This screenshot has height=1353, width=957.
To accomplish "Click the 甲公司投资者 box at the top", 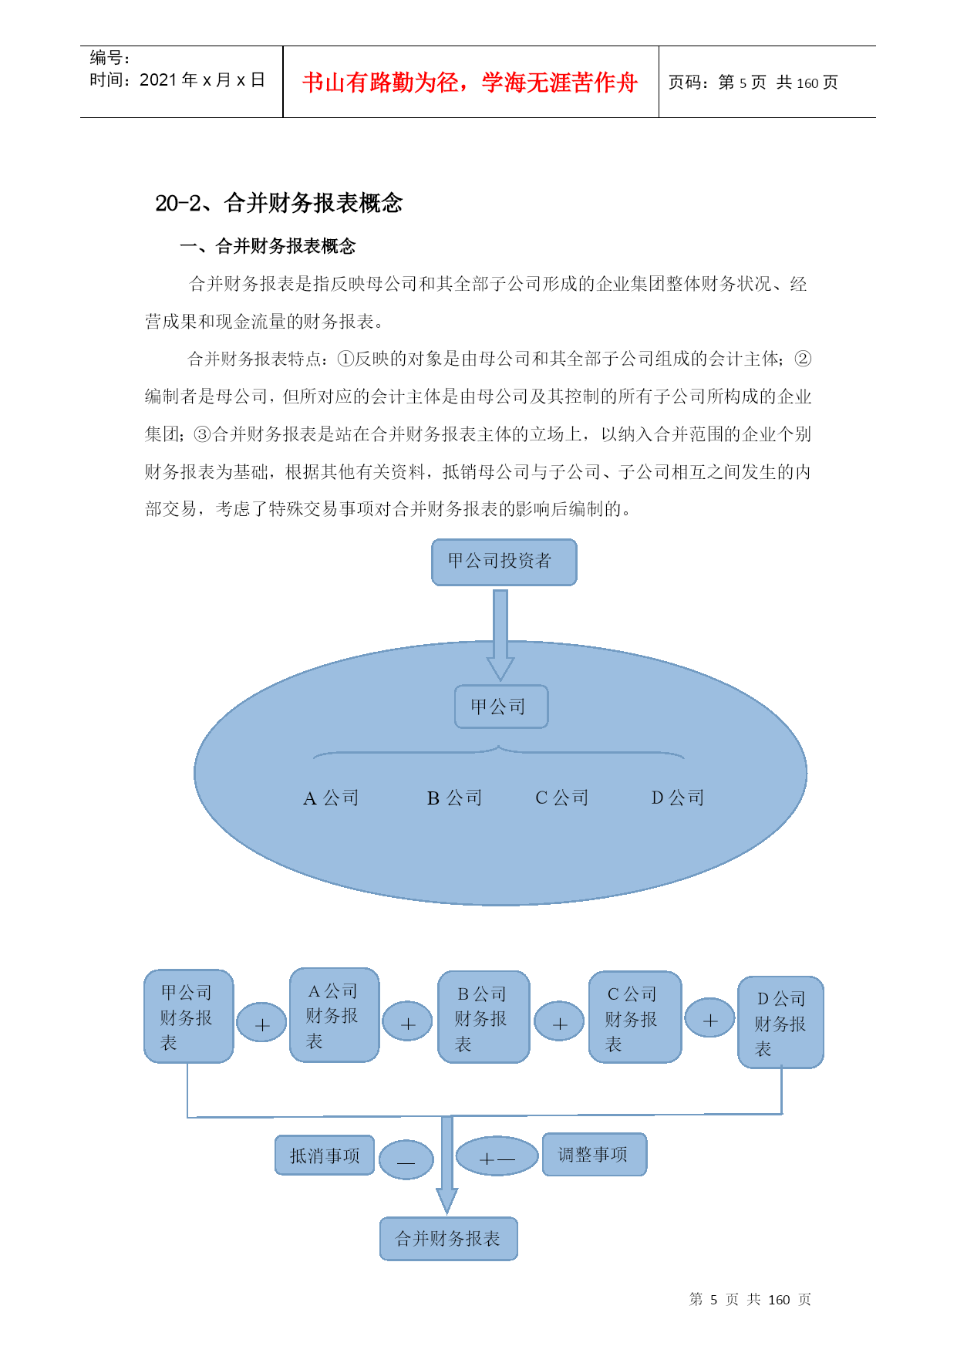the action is coord(504,562).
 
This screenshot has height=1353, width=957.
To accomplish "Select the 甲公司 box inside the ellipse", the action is coord(501,707).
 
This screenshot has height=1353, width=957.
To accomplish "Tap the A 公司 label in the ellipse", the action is coord(332,798).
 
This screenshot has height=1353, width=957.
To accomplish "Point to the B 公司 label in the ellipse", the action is coord(454,798).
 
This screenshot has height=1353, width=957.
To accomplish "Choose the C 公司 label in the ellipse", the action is coord(562,798).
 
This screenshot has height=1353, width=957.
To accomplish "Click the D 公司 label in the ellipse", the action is coord(678,798).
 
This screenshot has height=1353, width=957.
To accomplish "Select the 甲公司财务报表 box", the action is coord(188,1016).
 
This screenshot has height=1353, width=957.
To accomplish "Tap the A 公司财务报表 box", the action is coord(334,1014).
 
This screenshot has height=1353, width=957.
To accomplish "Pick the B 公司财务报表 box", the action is coord(484,1017).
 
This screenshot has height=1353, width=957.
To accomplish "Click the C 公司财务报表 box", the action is coord(635,1017).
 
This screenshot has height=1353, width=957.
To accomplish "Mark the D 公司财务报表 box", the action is coord(780,1022).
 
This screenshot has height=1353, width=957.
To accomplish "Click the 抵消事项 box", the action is coord(325,1156).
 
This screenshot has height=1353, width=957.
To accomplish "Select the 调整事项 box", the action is coord(594,1155).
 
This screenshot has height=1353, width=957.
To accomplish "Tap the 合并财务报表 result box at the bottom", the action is coord(448,1239).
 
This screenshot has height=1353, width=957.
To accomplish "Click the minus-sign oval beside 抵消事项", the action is coord(406,1159).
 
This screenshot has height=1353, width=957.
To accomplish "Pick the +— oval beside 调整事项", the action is coord(497,1156).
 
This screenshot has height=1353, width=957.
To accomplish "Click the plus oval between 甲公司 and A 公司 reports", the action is coord(261,1023).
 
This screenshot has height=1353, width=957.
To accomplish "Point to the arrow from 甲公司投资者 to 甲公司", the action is coord(500,635).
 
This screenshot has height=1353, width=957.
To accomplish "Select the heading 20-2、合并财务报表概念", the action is coord(279,203).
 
